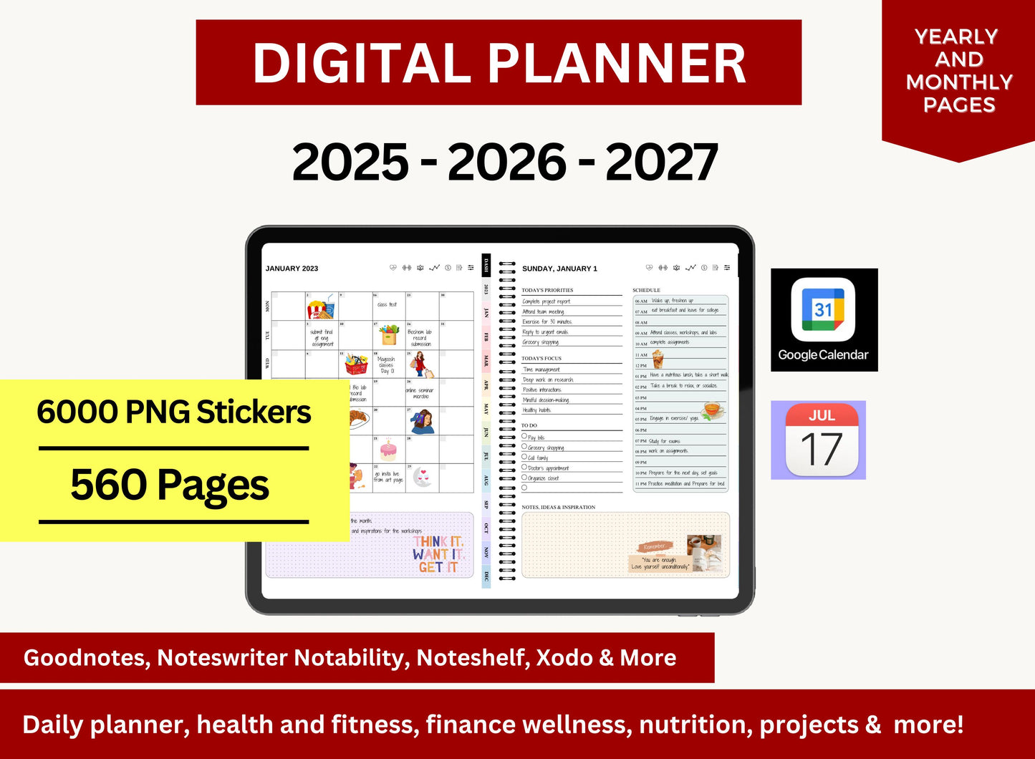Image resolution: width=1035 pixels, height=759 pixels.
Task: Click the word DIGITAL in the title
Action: tap(362, 63)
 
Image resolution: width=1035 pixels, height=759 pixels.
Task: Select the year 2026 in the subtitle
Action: tap(506, 163)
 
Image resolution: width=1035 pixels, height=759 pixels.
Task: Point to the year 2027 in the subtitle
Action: tap(661, 163)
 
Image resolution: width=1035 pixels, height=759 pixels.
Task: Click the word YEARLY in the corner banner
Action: tap(956, 37)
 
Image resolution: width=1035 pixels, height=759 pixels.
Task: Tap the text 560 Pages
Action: tap(170, 485)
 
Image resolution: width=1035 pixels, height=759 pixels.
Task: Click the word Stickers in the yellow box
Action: tap(254, 412)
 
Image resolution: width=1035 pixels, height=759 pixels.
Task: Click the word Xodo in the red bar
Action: tap(565, 657)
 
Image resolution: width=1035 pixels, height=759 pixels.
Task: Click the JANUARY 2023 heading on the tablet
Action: tap(292, 269)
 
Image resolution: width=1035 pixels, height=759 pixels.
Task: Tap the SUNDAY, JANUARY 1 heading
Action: tap(559, 269)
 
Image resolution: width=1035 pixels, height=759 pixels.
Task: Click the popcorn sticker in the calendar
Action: tap(320, 308)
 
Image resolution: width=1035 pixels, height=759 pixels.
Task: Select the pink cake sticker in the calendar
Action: tap(388, 450)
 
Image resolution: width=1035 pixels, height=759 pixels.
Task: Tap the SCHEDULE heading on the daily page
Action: tap(646, 290)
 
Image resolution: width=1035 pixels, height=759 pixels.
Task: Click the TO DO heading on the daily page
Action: tap(529, 425)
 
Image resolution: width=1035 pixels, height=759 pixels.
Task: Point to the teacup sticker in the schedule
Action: tap(711, 410)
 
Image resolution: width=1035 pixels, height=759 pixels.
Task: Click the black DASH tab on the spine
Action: tap(486, 264)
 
